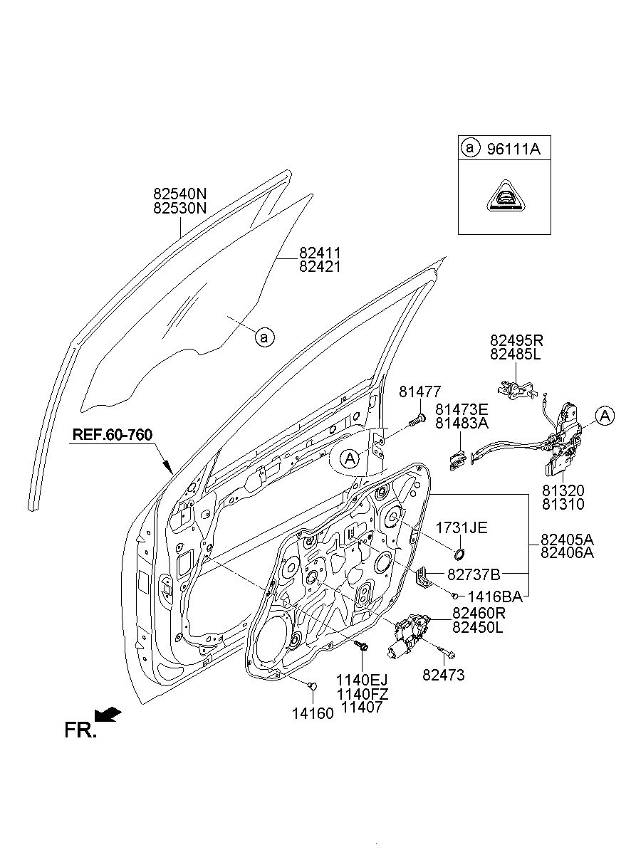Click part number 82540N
click(x=179, y=193)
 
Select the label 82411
click(x=320, y=253)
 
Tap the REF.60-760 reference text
click(x=113, y=435)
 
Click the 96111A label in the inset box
click(x=513, y=149)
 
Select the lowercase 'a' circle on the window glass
click(x=264, y=337)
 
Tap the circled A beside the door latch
click(x=605, y=416)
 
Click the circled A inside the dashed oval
click(x=350, y=458)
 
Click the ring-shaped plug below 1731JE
click(x=459, y=554)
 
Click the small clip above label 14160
click(x=313, y=685)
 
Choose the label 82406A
click(x=567, y=553)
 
